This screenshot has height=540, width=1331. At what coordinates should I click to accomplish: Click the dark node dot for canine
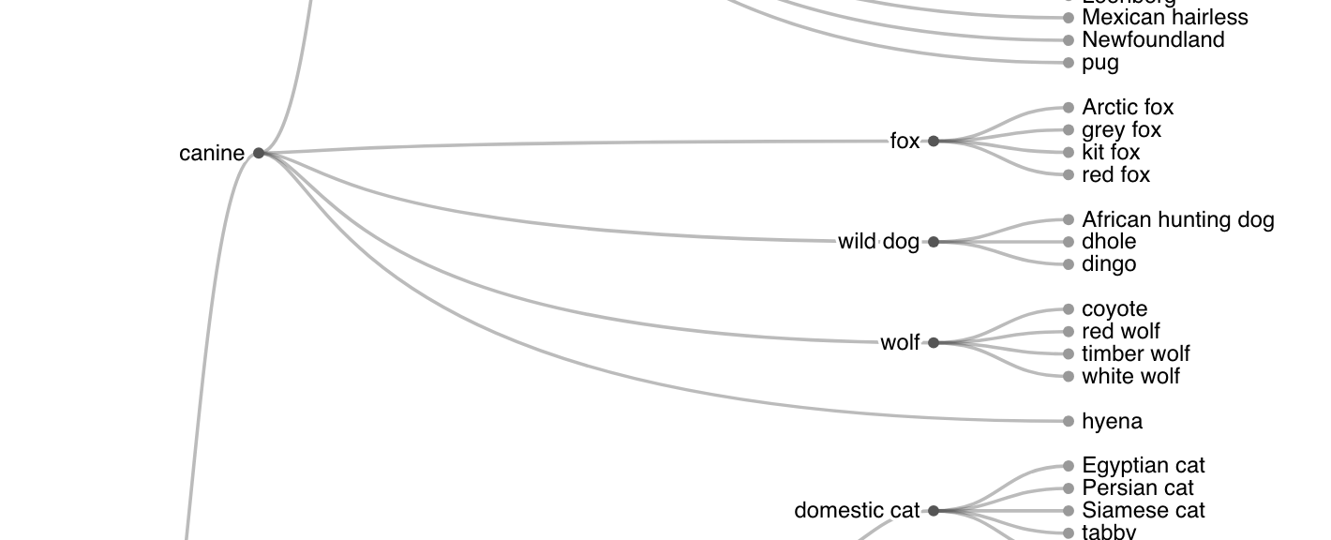click(259, 153)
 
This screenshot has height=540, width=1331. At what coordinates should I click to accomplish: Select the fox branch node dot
click(934, 142)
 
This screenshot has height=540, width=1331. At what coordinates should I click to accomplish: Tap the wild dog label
click(878, 242)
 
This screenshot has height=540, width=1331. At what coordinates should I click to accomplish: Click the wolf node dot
click(934, 343)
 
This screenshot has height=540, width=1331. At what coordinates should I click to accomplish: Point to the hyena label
click(1112, 422)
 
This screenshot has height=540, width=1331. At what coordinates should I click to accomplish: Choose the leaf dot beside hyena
click(1069, 422)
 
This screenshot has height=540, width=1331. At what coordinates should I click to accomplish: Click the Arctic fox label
click(1128, 108)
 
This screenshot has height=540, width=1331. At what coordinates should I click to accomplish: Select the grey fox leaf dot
click(1069, 130)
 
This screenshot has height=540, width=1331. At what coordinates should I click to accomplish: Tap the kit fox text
click(1111, 153)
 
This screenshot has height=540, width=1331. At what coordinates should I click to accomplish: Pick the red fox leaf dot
click(1069, 175)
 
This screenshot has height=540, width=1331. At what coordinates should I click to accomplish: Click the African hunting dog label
click(1178, 220)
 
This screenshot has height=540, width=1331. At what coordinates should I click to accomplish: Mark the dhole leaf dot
click(1069, 242)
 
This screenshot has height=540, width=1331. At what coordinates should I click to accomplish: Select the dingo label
click(1109, 264)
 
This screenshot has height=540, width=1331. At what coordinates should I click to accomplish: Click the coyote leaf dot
click(1069, 309)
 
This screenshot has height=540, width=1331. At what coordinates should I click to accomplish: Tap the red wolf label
click(1121, 332)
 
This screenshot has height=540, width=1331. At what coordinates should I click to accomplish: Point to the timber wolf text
click(1136, 354)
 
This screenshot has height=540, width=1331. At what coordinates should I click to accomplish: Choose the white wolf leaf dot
click(1069, 377)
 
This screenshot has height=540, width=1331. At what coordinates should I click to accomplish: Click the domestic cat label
click(857, 511)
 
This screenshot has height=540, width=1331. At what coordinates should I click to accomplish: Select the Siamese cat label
click(1144, 511)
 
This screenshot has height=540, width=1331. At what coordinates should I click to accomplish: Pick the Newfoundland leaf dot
click(1069, 40)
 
